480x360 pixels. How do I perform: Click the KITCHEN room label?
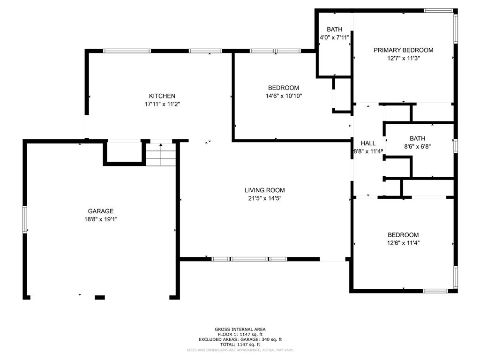click(x=162, y=96)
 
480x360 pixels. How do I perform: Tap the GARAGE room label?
click(x=101, y=211)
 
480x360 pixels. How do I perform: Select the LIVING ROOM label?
click(x=264, y=190)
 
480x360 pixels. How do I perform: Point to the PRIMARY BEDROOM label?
click(x=403, y=50)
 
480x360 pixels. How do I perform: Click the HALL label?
click(x=368, y=143)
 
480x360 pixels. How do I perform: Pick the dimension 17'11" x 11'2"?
click(x=162, y=105)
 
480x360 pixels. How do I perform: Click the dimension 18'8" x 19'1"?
click(x=101, y=219)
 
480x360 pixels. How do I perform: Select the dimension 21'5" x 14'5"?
click(x=264, y=198)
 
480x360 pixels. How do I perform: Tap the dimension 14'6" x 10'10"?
click(x=283, y=96)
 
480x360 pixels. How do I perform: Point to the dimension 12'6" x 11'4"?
click(x=403, y=243)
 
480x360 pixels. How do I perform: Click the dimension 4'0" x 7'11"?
click(x=335, y=37)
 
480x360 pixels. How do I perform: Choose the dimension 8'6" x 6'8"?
click(x=417, y=146)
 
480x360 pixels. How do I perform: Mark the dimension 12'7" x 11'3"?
click(x=403, y=59)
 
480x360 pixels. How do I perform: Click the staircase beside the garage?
click(x=161, y=155)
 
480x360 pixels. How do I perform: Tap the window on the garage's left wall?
click(x=25, y=219)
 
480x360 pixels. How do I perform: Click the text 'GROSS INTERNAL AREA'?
click(x=240, y=330)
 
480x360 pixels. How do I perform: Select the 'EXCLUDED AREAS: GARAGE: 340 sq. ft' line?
click(x=240, y=339)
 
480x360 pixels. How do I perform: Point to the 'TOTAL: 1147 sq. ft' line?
click(x=240, y=345)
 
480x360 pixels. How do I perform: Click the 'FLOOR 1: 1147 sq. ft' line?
click(x=240, y=335)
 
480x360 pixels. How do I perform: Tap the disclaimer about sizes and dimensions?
click(x=240, y=350)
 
